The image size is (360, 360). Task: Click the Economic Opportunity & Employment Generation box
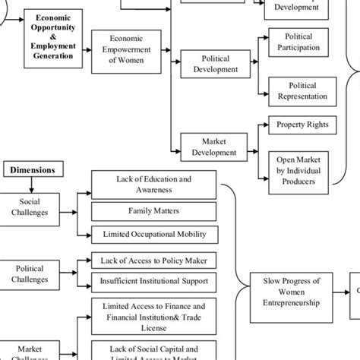click(x=53, y=35)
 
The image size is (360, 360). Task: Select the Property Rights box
click(x=302, y=125)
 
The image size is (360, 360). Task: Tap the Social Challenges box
click(x=30, y=207)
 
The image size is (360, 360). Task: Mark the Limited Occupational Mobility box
click(x=153, y=234)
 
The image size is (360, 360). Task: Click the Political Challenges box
click(x=30, y=273)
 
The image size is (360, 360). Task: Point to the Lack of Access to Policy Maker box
click(x=153, y=261)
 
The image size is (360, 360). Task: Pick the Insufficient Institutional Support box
click(x=153, y=280)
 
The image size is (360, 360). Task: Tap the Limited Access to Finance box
click(x=153, y=315)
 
